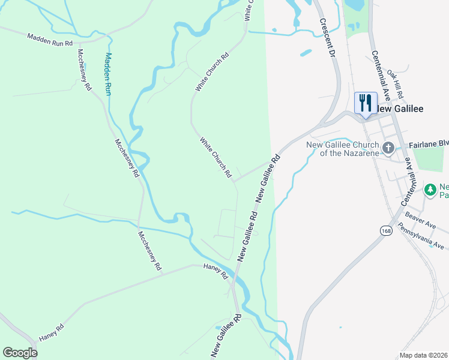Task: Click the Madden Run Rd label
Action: tap(50, 40)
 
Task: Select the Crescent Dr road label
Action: tap(327, 37)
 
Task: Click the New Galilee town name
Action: tap(400, 109)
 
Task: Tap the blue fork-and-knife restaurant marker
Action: tap(364, 103)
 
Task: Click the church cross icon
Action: tap(388, 148)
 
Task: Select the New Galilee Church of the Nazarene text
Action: tap(342, 149)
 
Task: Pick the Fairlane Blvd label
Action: tap(429, 145)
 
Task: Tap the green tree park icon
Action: tap(430, 190)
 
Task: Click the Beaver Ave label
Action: tap(420, 218)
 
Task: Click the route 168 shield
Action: tap(385, 230)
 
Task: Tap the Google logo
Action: tap(20, 353)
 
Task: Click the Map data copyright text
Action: tap(424, 355)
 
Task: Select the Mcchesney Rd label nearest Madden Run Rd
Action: tap(84, 69)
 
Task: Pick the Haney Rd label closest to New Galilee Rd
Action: tap(216, 272)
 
